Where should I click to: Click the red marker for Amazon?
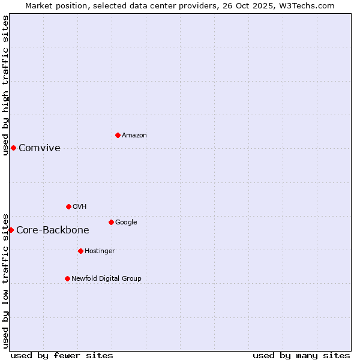[x=118, y=135]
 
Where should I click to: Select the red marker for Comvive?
[x=13, y=148]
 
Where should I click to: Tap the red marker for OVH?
[x=68, y=206]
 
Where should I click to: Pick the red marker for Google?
[x=111, y=222]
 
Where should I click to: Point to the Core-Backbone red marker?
[x=11, y=230]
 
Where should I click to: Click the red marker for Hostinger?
[x=80, y=251]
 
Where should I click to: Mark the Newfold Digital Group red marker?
[x=67, y=278]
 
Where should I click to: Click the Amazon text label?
[x=134, y=136]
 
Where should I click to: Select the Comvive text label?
[x=40, y=148]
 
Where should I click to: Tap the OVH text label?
[x=80, y=207]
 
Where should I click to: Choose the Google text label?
[x=126, y=223]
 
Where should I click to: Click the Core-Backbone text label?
[x=53, y=230]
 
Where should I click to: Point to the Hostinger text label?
[x=100, y=251]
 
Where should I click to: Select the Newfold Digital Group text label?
[x=106, y=279]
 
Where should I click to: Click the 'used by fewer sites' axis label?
[x=62, y=355]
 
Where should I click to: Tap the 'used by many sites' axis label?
[x=301, y=355]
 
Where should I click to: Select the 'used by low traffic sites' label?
[x=5, y=280]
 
